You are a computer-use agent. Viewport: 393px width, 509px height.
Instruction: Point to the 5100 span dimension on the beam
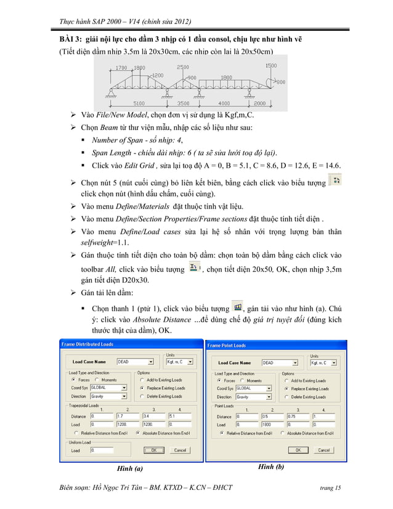(x=139, y=104)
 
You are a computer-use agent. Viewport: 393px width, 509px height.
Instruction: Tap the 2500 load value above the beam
(x=183, y=67)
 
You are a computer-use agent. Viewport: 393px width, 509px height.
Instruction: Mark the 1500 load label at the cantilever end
(x=270, y=65)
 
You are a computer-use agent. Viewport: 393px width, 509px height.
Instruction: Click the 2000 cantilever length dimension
(x=259, y=104)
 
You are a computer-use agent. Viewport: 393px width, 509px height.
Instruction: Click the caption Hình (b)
(x=271, y=467)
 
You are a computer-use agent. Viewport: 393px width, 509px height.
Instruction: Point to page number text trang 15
(x=327, y=489)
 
